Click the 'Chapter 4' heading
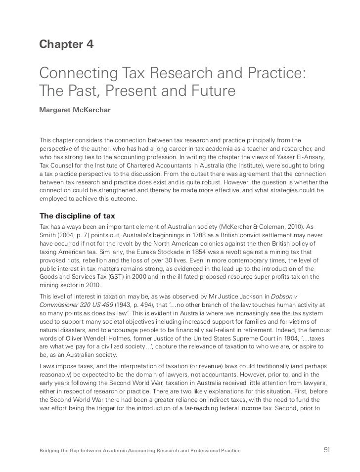point(66,44)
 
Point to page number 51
point(326,450)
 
